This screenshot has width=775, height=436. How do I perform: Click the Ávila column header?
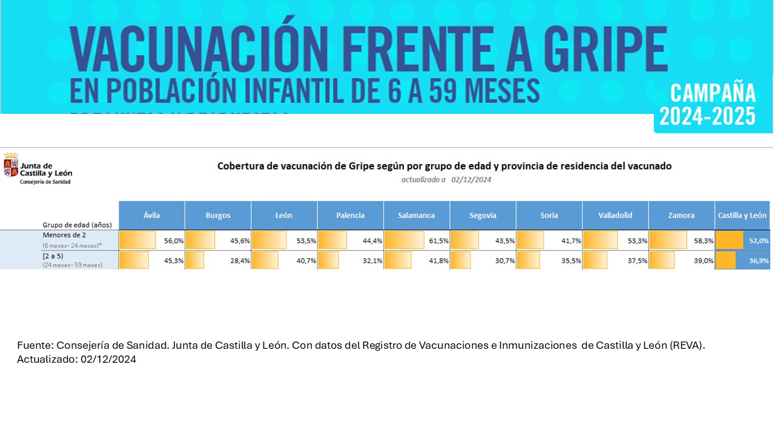tap(151, 215)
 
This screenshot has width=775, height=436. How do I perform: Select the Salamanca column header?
tap(416, 215)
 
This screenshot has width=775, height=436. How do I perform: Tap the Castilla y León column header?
tap(742, 215)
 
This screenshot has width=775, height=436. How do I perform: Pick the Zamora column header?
tap(681, 215)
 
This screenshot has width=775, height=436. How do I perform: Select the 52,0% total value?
tap(759, 240)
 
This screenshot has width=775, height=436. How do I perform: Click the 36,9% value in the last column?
tap(759, 260)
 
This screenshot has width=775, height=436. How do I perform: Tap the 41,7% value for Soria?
tap(571, 240)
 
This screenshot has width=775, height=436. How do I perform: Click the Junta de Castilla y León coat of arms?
tap(11, 165)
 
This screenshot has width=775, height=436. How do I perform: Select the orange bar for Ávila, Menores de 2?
tap(137, 240)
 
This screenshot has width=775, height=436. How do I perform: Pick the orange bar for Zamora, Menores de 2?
tap(668, 240)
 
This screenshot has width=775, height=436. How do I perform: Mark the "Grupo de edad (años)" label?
tap(77, 225)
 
